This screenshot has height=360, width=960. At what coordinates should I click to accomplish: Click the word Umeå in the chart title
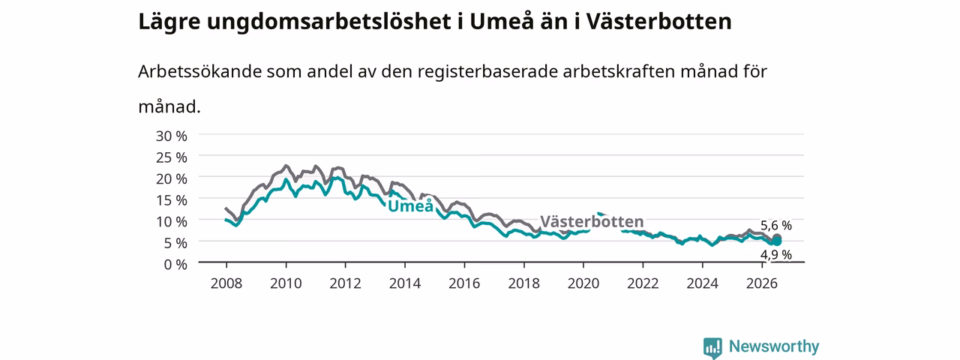click(502, 21)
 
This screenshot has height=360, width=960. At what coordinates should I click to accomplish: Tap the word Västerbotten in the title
click(658, 22)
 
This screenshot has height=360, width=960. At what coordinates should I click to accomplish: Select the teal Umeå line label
click(410, 205)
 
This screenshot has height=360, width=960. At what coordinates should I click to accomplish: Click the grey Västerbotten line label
click(592, 221)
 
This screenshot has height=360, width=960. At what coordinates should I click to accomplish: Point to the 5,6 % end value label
click(776, 226)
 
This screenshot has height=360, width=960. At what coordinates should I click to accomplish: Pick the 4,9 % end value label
click(776, 255)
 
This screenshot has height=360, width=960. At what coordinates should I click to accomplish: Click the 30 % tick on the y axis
click(172, 136)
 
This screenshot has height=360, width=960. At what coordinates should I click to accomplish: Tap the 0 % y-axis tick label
click(175, 265)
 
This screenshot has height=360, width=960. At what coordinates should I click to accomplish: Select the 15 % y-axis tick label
click(172, 200)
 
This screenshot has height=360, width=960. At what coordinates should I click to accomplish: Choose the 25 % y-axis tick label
click(172, 157)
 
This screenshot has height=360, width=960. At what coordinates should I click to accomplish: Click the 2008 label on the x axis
click(226, 283)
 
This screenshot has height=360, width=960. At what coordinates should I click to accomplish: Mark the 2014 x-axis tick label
click(405, 283)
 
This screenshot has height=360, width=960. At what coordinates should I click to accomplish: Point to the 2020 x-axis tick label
click(583, 283)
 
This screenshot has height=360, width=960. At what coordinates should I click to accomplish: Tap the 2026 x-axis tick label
click(762, 283)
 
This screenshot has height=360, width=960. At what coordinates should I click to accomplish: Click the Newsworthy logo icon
click(712, 347)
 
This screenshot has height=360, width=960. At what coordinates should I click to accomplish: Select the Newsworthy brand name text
click(774, 346)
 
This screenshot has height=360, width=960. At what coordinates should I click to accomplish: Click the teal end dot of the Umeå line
click(776, 242)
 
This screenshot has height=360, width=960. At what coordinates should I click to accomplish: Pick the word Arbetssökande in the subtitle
click(199, 71)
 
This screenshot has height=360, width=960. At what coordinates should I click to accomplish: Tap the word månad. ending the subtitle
click(169, 106)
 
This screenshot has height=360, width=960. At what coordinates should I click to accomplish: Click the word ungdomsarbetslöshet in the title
click(328, 22)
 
